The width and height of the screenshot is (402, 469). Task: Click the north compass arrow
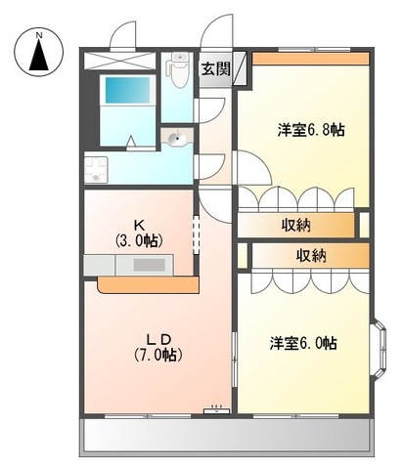click(39, 56)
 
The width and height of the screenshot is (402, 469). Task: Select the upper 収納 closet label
click(296, 226)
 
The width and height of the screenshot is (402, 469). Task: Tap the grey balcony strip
click(227, 436)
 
